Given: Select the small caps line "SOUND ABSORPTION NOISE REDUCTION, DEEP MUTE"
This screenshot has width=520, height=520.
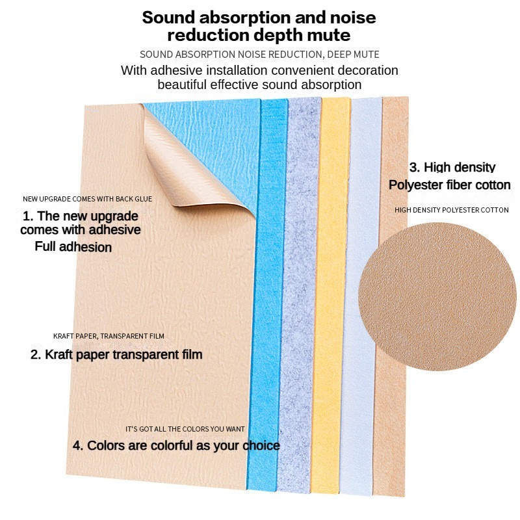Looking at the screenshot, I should pyautogui.click(x=259, y=55).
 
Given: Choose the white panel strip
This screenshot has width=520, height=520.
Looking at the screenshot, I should pyautogui.click(x=364, y=292).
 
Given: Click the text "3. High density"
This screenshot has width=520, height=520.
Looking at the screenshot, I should pyautogui.click(x=452, y=168).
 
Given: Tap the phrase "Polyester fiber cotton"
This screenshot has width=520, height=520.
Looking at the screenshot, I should pyautogui.click(x=449, y=185).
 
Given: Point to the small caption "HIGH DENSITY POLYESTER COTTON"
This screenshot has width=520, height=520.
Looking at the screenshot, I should pyautogui.click(x=451, y=210).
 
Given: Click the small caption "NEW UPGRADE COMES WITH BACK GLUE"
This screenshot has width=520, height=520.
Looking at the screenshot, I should pyautogui.click(x=87, y=199).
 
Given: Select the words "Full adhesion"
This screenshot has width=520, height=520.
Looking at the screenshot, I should pyautogui.click(x=73, y=247).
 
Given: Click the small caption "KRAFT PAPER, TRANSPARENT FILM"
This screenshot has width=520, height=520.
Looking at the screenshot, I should pyautogui.click(x=109, y=336).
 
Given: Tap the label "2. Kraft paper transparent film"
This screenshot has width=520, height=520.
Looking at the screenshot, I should pyautogui.click(x=116, y=355).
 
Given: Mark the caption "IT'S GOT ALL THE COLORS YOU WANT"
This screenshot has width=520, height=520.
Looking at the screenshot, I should pyautogui.click(x=185, y=429).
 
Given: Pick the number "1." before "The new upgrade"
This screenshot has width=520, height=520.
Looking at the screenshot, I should pyautogui.click(x=28, y=216).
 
